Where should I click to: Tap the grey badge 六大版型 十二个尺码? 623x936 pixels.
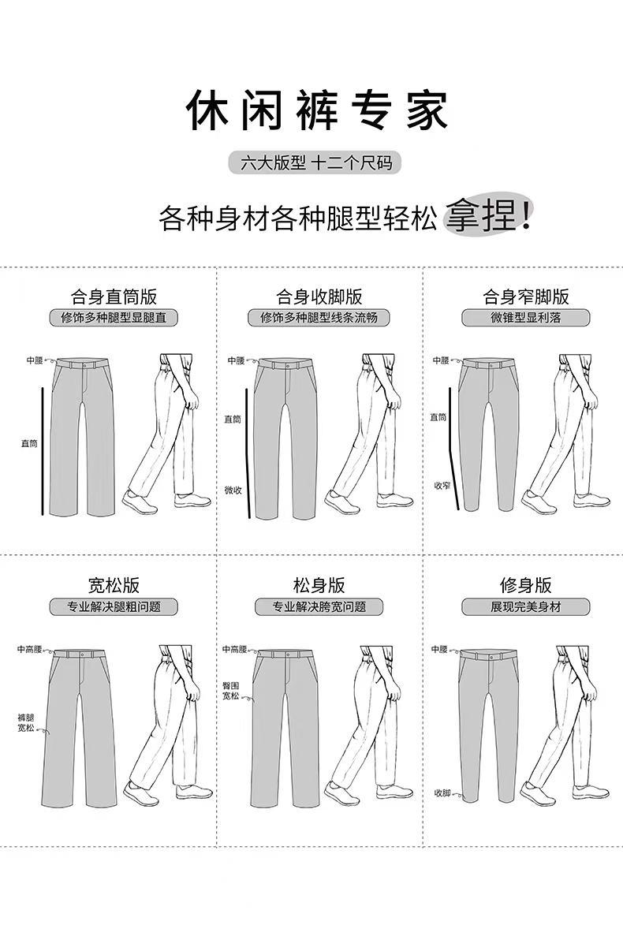click(x=315, y=163)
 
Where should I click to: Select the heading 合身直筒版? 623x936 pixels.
click(x=114, y=297)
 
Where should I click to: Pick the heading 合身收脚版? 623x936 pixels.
click(x=319, y=297)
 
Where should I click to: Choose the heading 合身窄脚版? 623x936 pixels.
click(x=526, y=297)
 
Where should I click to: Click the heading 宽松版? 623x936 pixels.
click(x=114, y=586)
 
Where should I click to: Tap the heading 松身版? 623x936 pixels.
click(x=319, y=586)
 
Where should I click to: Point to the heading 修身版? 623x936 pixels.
click(x=526, y=586)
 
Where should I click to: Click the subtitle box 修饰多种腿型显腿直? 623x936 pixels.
click(x=114, y=319)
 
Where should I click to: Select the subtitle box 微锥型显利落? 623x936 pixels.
click(x=526, y=319)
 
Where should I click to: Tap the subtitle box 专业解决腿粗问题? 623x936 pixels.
click(x=114, y=607)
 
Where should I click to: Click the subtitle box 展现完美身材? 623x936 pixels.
click(x=526, y=607)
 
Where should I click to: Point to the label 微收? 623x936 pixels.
click(x=233, y=489)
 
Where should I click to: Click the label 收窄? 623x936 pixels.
click(x=441, y=486)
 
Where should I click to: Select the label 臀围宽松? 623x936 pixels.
click(x=230, y=692)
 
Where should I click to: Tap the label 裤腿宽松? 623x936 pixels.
click(x=26, y=722)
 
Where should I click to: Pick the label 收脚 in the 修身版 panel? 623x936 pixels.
click(x=441, y=792)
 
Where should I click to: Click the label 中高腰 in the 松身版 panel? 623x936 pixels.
click(x=234, y=650)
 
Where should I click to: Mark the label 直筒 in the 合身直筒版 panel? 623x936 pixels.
click(x=29, y=444)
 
